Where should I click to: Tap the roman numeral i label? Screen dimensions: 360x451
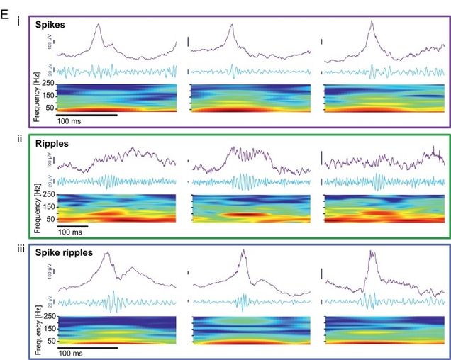click(x=20, y=18)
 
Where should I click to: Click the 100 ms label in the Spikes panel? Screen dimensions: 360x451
click(x=72, y=121)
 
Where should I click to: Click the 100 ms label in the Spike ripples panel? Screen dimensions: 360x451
click(x=72, y=352)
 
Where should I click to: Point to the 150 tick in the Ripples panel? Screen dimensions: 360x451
click(x=47, y=207)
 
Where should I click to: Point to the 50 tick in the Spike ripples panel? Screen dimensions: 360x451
click(x=48, y=339)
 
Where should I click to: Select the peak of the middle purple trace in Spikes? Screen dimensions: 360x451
click(x=230, y=26)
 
